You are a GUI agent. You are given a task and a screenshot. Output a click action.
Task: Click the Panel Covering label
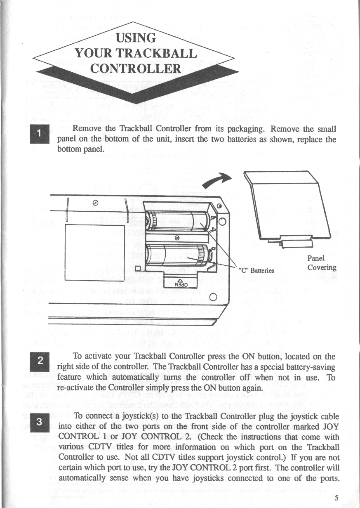click(x=322, y=263)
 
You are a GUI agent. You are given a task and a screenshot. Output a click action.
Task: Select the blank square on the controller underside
click(x=94, y=252)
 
